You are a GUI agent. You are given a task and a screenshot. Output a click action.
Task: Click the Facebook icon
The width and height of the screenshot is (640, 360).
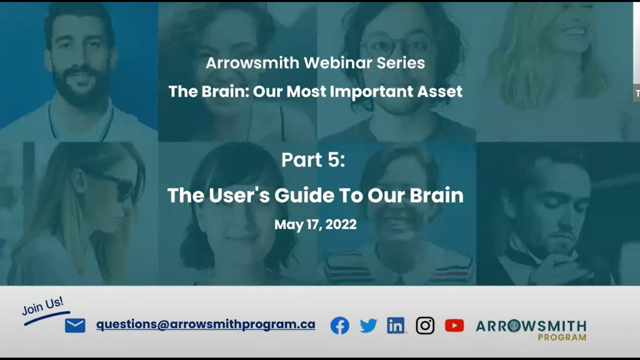coord(340,326)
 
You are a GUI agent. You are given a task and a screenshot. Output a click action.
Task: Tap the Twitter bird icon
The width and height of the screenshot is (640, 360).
coord(368,326)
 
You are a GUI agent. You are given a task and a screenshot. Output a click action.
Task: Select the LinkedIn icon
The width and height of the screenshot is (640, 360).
coord(396,326)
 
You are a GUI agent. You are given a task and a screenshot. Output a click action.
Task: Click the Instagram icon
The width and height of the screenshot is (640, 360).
coord(425,326)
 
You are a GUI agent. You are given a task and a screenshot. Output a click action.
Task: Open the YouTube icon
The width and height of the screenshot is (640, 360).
coord(454,326)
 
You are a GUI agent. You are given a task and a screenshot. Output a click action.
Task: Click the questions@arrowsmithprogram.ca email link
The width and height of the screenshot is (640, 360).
coord(205,324)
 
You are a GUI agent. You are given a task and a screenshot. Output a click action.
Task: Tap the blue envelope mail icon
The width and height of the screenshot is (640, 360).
coord(75,325)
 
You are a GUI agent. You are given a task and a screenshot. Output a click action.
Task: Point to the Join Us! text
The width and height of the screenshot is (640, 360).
coord(43,305)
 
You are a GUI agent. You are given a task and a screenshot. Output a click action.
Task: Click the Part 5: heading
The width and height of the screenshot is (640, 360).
coord(313,160)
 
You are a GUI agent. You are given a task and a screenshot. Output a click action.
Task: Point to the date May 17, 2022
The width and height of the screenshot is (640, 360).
coord(315,225)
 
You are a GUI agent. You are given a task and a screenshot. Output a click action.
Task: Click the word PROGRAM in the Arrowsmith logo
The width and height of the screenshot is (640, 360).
coord(561,337)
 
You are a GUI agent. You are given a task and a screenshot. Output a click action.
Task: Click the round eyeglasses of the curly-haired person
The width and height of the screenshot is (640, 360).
coord(395,47)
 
